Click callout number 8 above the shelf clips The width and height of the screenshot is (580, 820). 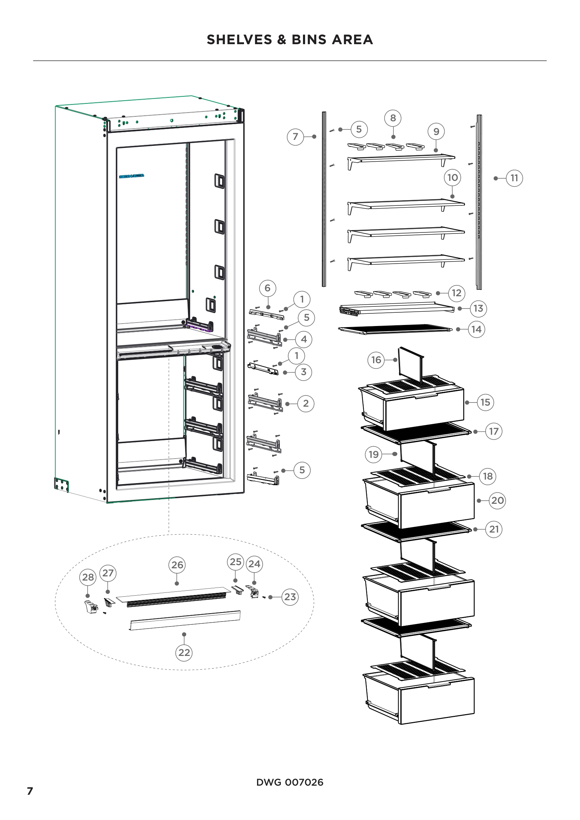393,118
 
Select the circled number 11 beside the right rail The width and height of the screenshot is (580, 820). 514,178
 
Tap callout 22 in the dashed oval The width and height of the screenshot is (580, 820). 184,652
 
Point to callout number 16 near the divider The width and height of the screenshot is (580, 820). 376,360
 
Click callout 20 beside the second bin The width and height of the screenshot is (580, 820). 498,500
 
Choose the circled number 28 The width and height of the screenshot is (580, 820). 88,577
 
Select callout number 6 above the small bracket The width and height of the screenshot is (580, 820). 268,288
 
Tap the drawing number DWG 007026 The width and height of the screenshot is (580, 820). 290,782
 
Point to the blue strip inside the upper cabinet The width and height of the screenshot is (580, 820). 131,176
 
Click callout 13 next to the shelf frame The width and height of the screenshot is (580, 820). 478,308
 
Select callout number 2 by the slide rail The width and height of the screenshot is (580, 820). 306,404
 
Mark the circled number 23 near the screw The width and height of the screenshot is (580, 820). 290,597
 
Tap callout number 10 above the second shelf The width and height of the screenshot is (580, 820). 452,177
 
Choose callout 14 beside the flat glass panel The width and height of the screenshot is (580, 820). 477,329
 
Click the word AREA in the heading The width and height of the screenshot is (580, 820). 352,40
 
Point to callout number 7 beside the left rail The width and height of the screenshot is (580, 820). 295,136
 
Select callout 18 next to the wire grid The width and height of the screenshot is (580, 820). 487,476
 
